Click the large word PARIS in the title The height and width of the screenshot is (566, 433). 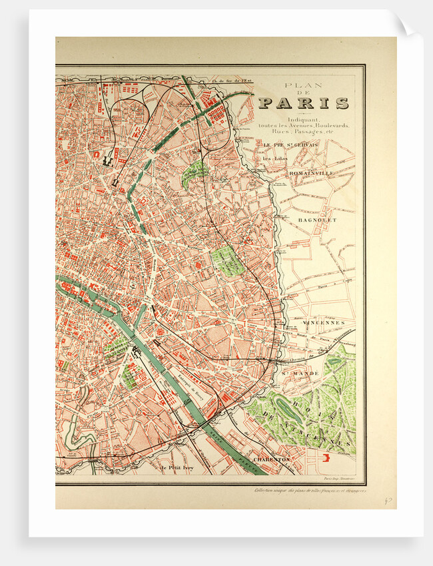coord(303,103)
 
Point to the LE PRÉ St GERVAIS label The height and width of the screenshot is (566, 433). coord(290,144)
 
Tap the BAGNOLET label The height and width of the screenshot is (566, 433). coord(317,219)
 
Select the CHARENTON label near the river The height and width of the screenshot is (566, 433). coord(272,459)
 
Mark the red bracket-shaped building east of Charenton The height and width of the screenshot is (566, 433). coord(326,457)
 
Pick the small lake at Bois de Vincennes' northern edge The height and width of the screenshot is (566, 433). coord(334,362)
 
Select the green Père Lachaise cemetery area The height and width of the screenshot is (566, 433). coord(227,260)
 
